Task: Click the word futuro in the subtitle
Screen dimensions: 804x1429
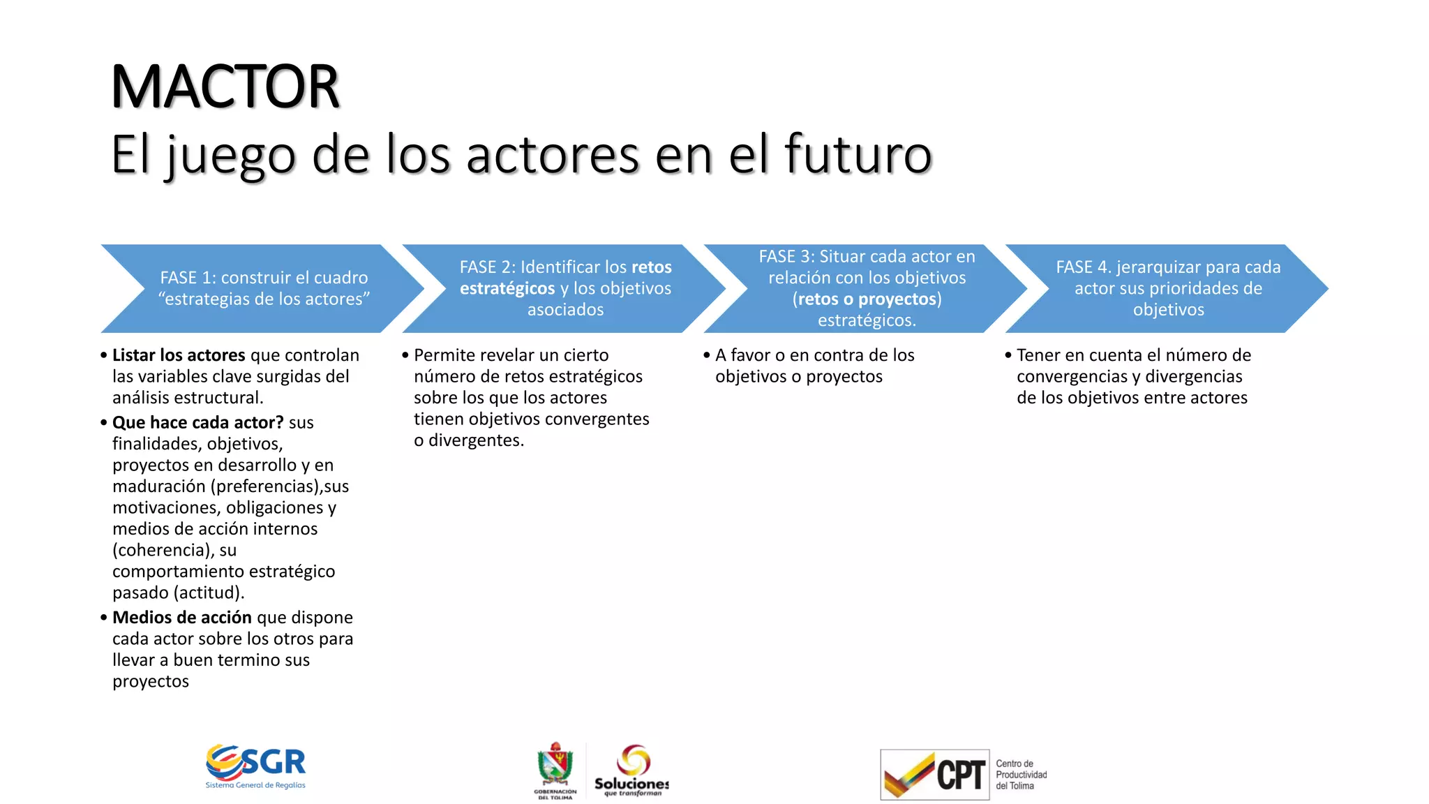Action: pyautogui.click(x=858, y=154)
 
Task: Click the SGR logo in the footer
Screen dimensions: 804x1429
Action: pyautogui.click(x=256, y=766)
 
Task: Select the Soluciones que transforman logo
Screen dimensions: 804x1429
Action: pyautogui.click(x=631, y=769)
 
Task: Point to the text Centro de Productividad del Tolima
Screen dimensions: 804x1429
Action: pyautogui.click(x=1021, y=775)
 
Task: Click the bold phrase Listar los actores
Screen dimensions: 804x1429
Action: pyautogui.click(x=179, y=355)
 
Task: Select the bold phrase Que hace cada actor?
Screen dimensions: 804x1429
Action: pyautogui.click(x=198, y=422)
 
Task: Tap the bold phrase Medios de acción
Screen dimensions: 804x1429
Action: pyautogui.click(x=182, y=618)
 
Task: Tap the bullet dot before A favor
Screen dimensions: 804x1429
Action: pyautogui.click(x=707, y=355)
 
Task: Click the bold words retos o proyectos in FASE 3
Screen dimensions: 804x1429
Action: pyautogui.click(x=867, y=299)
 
